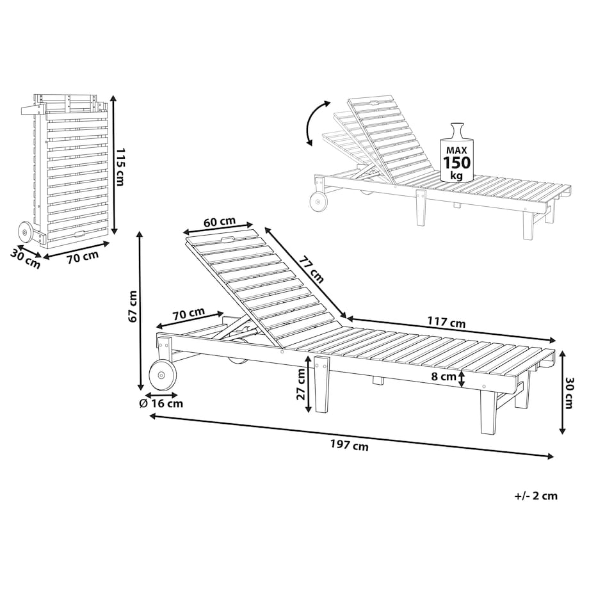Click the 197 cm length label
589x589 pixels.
[350, 446]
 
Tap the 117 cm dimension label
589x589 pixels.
[446, 322]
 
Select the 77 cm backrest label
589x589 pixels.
[311, 270]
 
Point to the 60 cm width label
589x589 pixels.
[220, 222]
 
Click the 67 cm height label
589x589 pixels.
[133, 306]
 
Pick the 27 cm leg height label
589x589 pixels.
[301, 384]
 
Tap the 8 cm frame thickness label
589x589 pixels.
[443, 376]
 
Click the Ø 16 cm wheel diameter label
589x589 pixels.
[161, 404]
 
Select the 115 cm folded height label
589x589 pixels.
[120, 167]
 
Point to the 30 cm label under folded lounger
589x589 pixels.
[25, 259]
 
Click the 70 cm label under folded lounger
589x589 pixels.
[83, 257]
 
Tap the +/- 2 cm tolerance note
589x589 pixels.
[536, 496]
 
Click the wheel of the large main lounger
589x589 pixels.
[163, 375]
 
